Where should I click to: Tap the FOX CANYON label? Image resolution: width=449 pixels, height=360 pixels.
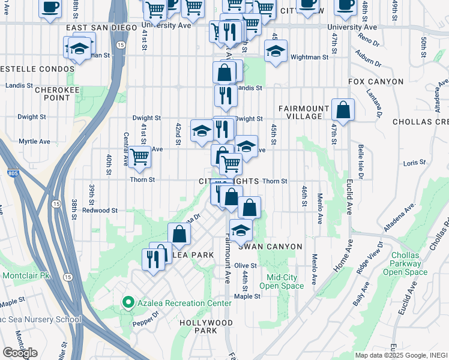point(372,81)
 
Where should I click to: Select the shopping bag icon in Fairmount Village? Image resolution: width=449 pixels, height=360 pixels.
point(342,110)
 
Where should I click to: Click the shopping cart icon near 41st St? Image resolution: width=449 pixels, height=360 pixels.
point(139,157)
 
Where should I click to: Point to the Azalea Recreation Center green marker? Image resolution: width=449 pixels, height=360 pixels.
point(127,303)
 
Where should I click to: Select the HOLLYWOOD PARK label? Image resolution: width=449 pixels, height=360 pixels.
point(206,326)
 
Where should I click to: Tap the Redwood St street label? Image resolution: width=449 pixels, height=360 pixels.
point(100,211)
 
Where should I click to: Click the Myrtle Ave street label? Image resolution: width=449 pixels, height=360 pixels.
point(34,142)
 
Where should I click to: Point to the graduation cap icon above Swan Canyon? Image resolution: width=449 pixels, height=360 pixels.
point(241,230)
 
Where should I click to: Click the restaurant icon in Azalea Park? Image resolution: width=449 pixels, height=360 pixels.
point(153,259)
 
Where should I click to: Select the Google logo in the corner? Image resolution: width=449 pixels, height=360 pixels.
point(20,353)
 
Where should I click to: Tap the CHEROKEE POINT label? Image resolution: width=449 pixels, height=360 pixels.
point(52,94)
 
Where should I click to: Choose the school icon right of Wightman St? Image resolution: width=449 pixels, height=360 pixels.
point(275,52)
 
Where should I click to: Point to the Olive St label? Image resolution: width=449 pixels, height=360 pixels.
point(246,265)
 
